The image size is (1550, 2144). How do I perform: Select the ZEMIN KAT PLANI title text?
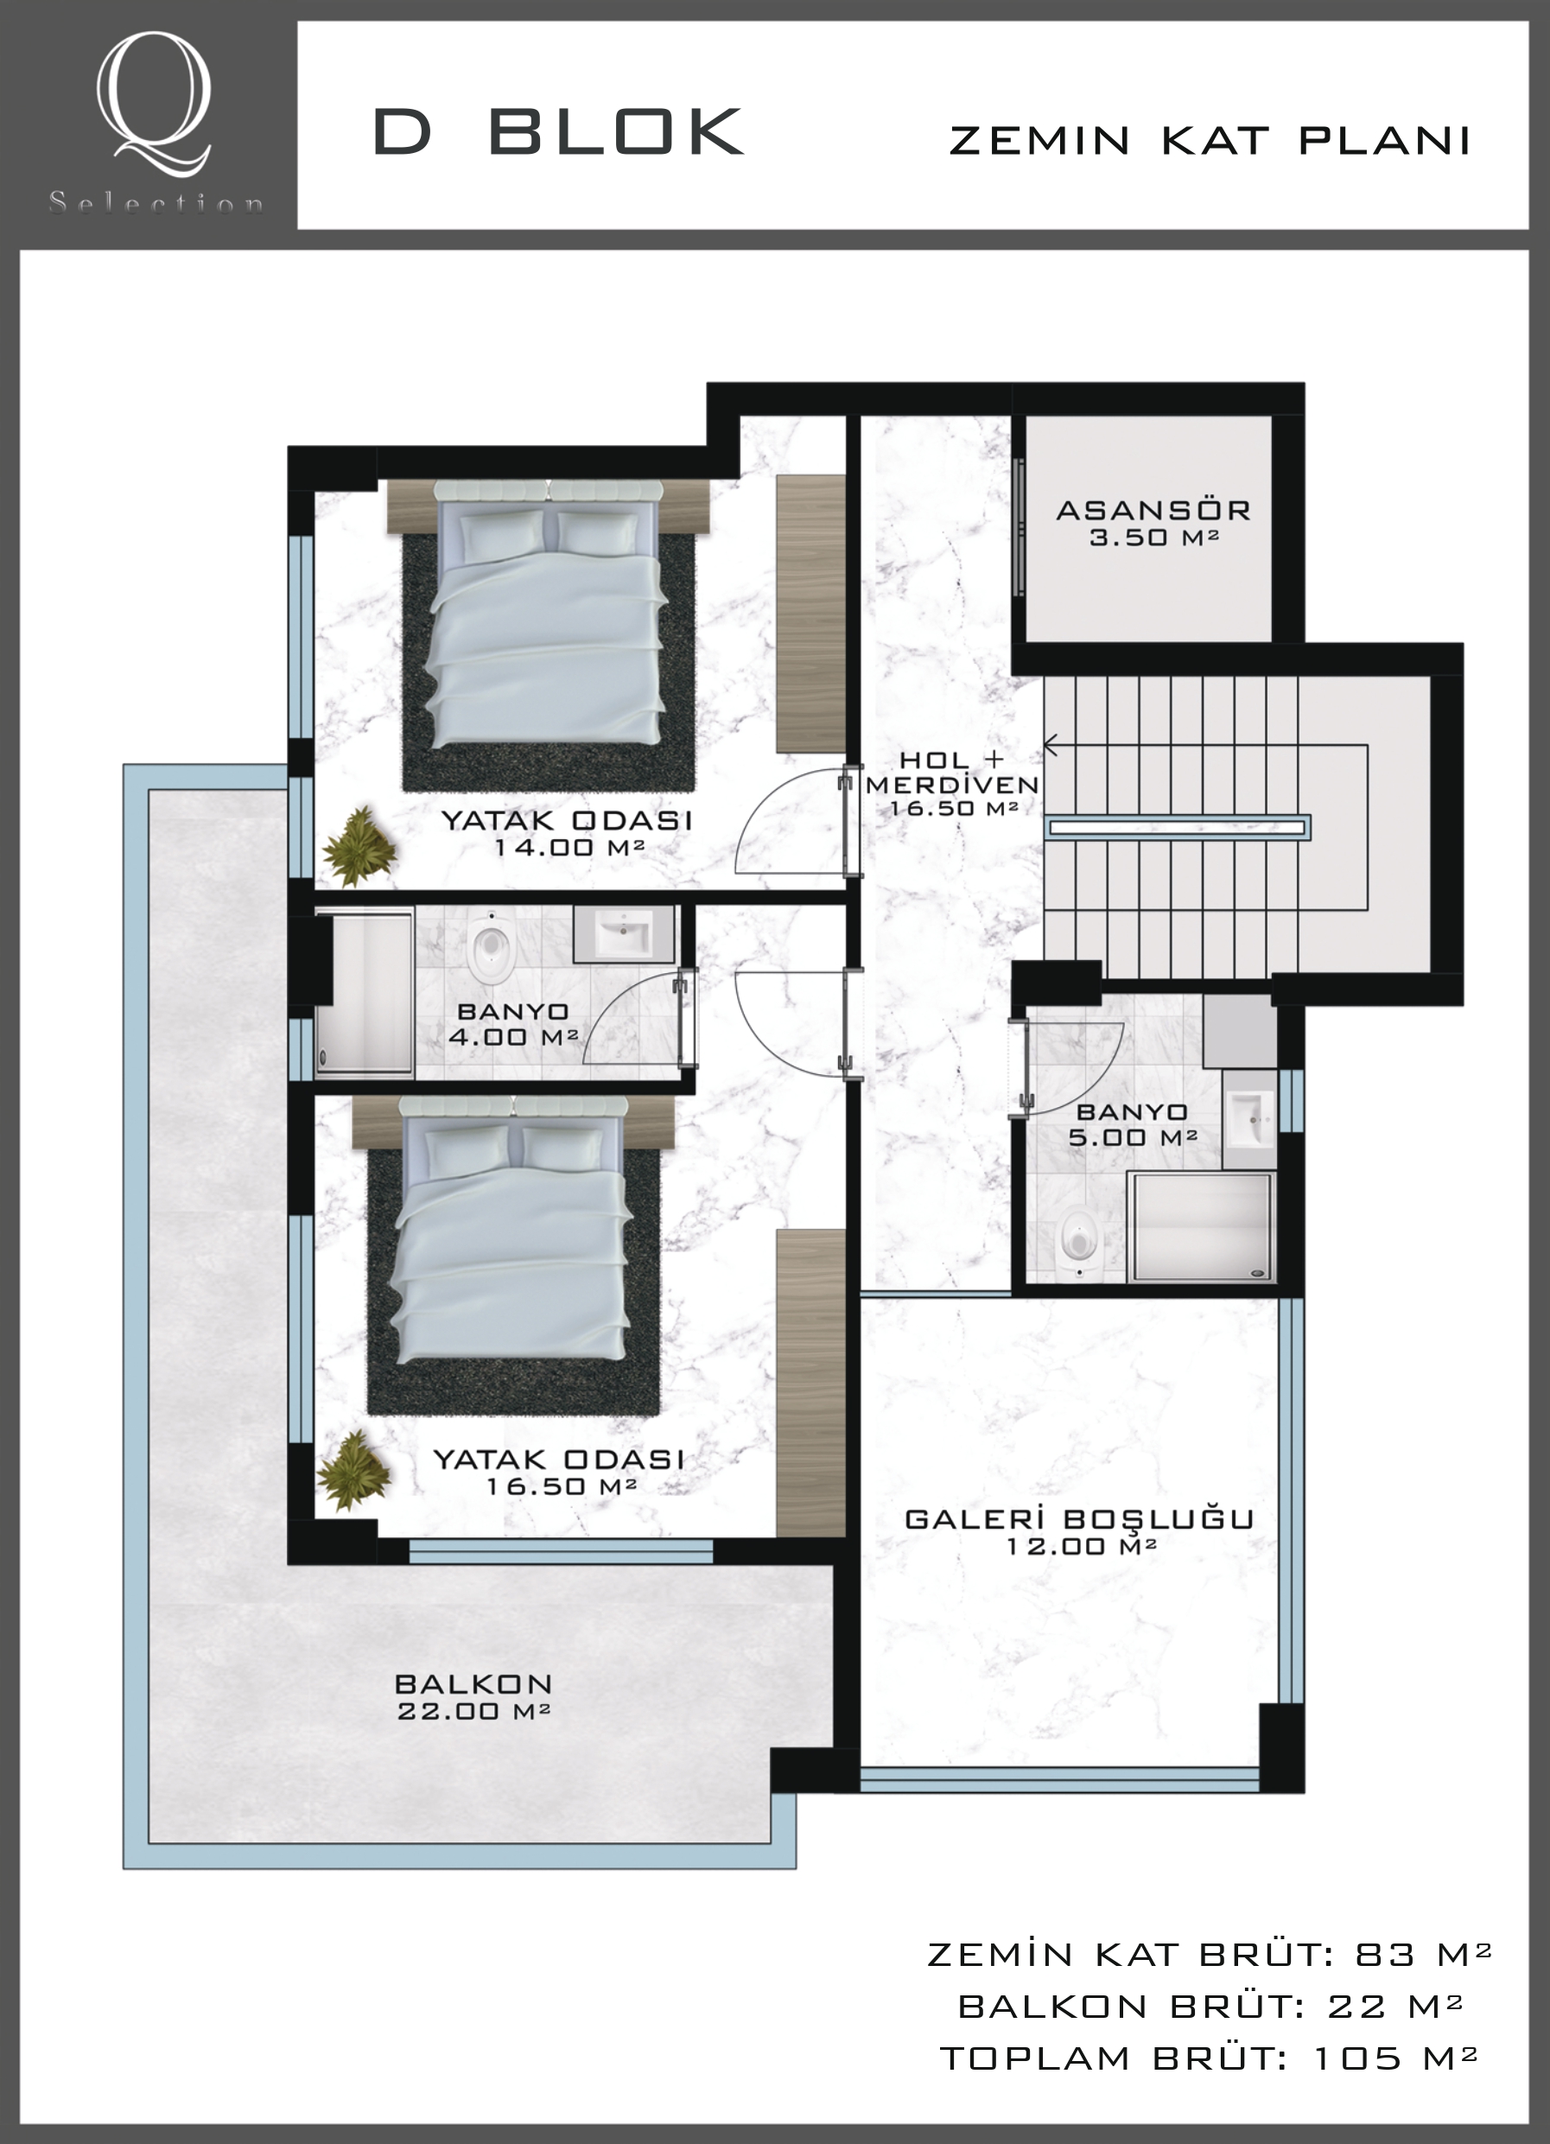pos(1210,141)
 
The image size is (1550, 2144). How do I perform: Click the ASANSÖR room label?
pos(1153,511)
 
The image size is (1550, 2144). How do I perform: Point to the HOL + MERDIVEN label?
pos(953,773)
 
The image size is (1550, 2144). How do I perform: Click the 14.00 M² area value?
pos(569,847)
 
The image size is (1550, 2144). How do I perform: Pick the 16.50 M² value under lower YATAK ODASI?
pos(562,1486)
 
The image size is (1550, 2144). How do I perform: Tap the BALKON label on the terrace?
pos(473,1631)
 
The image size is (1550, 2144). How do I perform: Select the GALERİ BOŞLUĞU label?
pos(1079,1519)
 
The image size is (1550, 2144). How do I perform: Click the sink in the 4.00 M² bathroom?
pos(623,933)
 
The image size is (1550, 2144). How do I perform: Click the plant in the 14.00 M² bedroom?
pos(360,845)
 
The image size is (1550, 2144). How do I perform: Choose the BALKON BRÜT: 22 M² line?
pos(1210,2005)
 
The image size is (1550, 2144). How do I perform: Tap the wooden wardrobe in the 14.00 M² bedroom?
pos(811,614)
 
